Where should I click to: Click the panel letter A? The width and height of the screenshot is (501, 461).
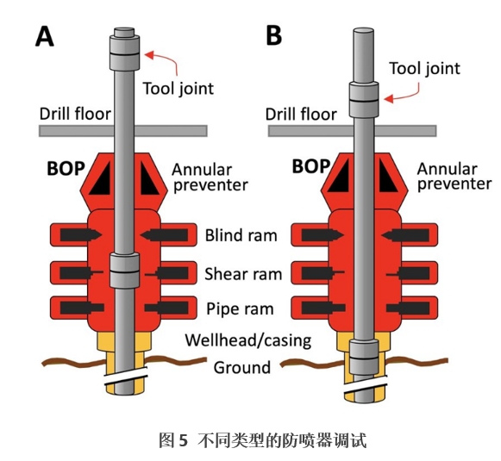coord(45,36)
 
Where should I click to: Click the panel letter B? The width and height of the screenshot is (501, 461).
coord(274,35)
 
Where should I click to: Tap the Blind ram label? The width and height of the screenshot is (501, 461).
coord(241,235)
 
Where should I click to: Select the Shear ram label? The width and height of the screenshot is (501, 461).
coord(243,274)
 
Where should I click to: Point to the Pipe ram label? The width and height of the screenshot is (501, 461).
coord(240,309)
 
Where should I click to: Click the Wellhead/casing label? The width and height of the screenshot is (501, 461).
coord(248,340)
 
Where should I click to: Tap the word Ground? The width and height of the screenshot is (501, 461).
coord(241,367)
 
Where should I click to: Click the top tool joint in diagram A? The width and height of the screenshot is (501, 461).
coord(125,52)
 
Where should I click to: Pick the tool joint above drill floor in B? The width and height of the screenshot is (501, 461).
coord(364,99)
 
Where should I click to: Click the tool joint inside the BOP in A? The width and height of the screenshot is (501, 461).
coord(125,270)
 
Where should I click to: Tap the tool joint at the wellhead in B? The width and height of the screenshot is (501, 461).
coord(364,358)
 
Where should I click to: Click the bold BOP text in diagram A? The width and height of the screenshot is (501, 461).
coord(66,169)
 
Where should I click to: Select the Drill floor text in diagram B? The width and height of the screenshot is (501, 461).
coord(301,115)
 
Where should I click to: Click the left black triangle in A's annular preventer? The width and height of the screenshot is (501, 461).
coord(101,179)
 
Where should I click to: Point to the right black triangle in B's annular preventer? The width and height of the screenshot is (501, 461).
coord(386,177)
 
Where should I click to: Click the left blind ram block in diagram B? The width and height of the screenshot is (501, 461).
coord(323,235)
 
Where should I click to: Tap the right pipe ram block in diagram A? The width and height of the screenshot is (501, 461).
coord(166,308)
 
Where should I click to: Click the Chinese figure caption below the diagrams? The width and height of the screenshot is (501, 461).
coord(263,441)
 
